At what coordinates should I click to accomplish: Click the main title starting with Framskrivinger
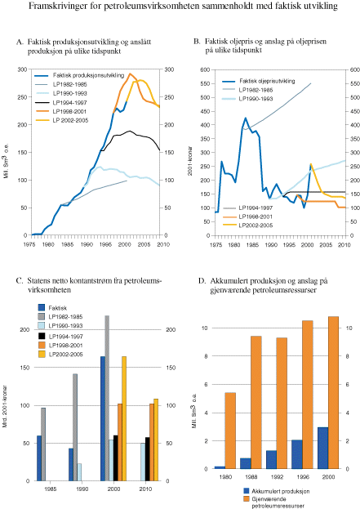(180, 7)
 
